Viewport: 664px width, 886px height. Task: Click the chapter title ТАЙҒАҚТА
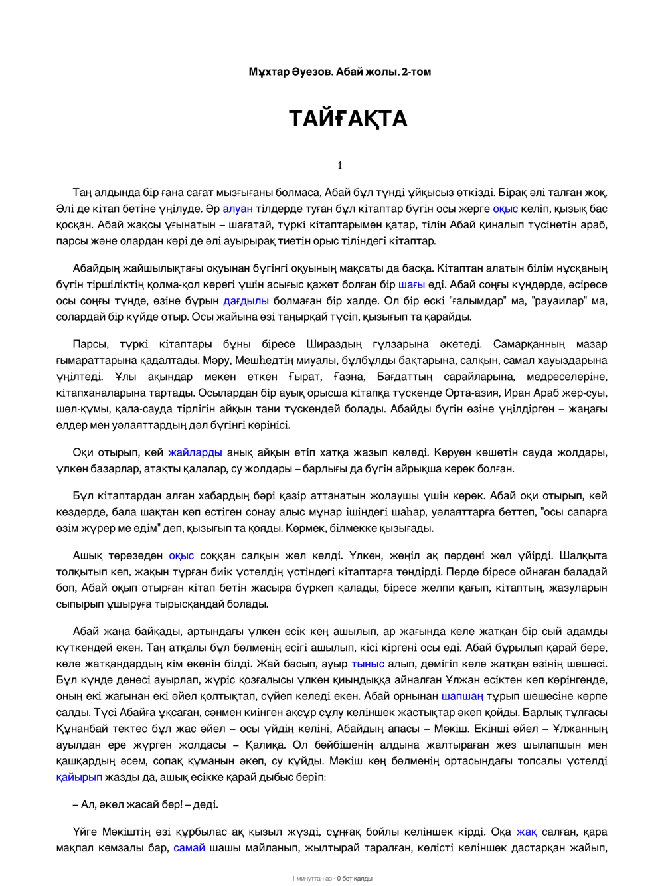(x=348, y=119)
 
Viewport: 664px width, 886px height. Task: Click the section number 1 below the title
(x=340, y=165)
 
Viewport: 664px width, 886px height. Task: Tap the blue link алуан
(x=238, y=209)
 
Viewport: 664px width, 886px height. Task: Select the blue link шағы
(x=412, y=284)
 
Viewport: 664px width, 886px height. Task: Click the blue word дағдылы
(x=246, y=301)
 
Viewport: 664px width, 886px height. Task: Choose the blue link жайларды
(x=195, y=452)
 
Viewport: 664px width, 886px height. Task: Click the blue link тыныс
(x=368, y=664)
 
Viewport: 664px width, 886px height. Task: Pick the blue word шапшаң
(x=462, y=696)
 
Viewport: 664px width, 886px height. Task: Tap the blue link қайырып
(x=80, y=777)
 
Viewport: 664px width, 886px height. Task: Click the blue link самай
(x=189, y=847)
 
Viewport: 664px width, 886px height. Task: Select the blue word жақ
(x=527, y=832)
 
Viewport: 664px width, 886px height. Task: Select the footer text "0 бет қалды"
(x=355, y=879)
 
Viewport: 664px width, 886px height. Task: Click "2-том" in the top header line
(x=416, y=72)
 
